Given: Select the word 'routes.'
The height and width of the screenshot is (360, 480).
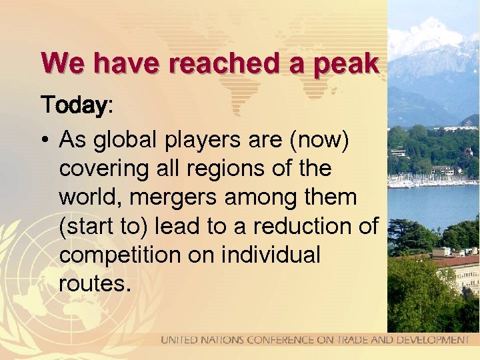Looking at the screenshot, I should [93, 283].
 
